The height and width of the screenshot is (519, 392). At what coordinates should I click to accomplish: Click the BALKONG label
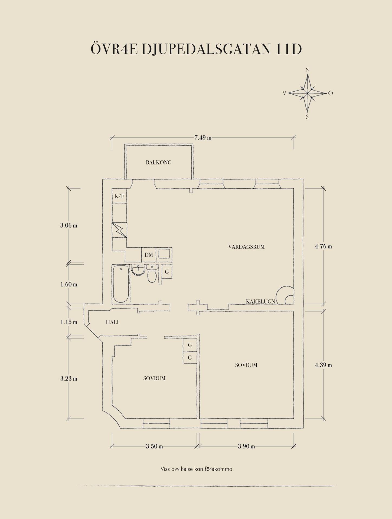[159, 162]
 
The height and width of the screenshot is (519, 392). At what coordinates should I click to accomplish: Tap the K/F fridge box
[119, 196]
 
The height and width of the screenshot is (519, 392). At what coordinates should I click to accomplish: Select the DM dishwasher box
[149, 255]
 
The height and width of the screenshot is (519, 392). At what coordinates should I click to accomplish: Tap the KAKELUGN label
[260, 301]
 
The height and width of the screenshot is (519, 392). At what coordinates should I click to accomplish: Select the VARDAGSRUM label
[246, 247]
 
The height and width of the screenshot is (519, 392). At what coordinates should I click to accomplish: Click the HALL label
[113, 322]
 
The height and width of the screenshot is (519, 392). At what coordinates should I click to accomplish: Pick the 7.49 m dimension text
[203, 138]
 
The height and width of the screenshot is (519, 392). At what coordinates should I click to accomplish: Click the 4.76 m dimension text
[323, 247]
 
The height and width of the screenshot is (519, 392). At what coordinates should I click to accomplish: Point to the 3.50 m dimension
[154, 446]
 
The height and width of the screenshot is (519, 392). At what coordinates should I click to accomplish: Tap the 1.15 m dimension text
[69, 322]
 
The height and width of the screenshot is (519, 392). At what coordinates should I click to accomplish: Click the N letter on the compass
[308, 70]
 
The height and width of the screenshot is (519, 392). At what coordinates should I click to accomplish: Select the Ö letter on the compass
[331, 93]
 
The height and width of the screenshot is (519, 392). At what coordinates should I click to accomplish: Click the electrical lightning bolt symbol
[119, 230]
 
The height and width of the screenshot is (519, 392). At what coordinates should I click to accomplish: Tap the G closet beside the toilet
[167, 272]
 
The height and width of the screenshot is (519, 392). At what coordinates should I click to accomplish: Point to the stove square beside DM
[164, 254]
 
